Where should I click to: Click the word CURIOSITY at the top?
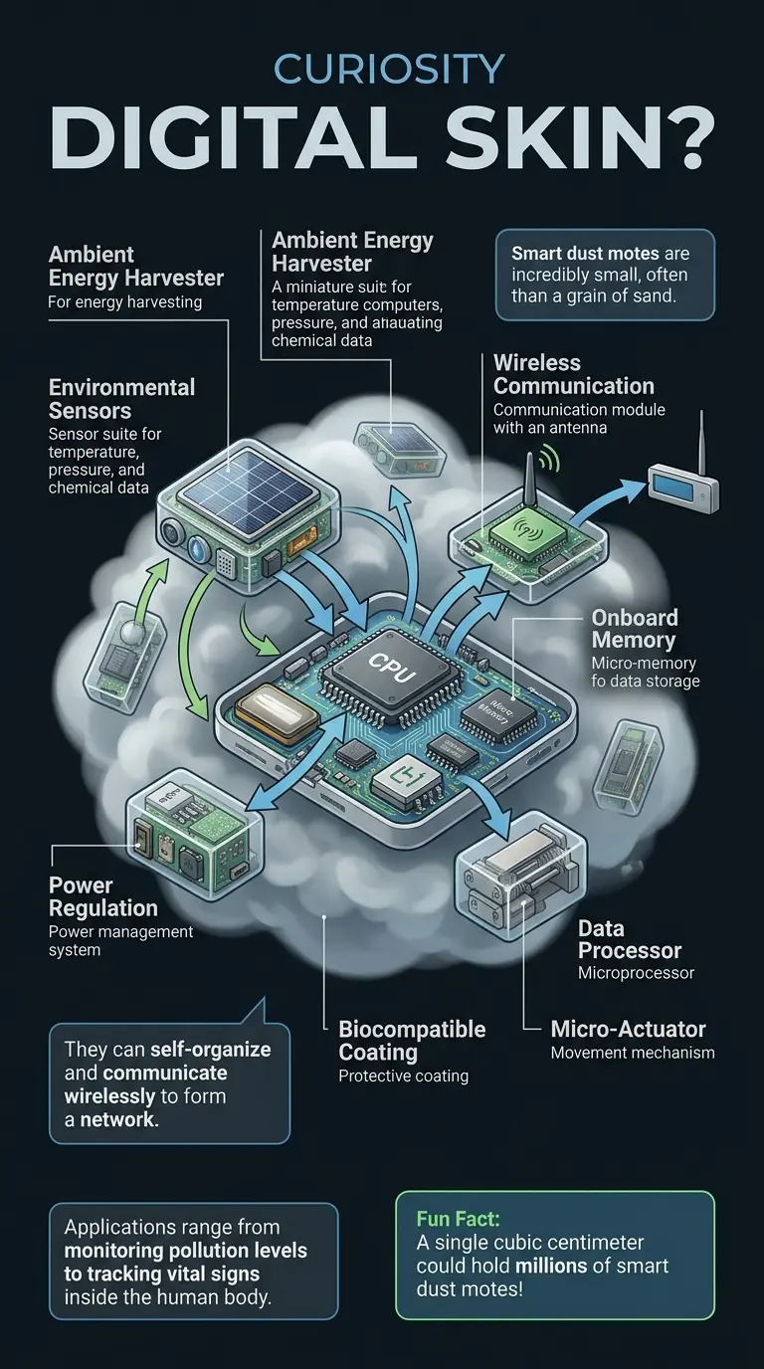tap(388, 71)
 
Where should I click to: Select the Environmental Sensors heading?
tap(121, 399)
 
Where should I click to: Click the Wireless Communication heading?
tap(574, 375)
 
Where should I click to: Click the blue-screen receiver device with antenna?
tap(682, 488)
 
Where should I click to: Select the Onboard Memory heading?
tap(634, 629)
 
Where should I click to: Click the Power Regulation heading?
tap(102, 896)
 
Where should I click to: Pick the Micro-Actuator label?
tap(629, 1029)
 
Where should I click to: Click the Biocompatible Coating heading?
tap(412, 1040)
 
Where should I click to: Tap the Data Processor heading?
tap(630, 940)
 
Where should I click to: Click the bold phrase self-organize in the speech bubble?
tap(210, 1049)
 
